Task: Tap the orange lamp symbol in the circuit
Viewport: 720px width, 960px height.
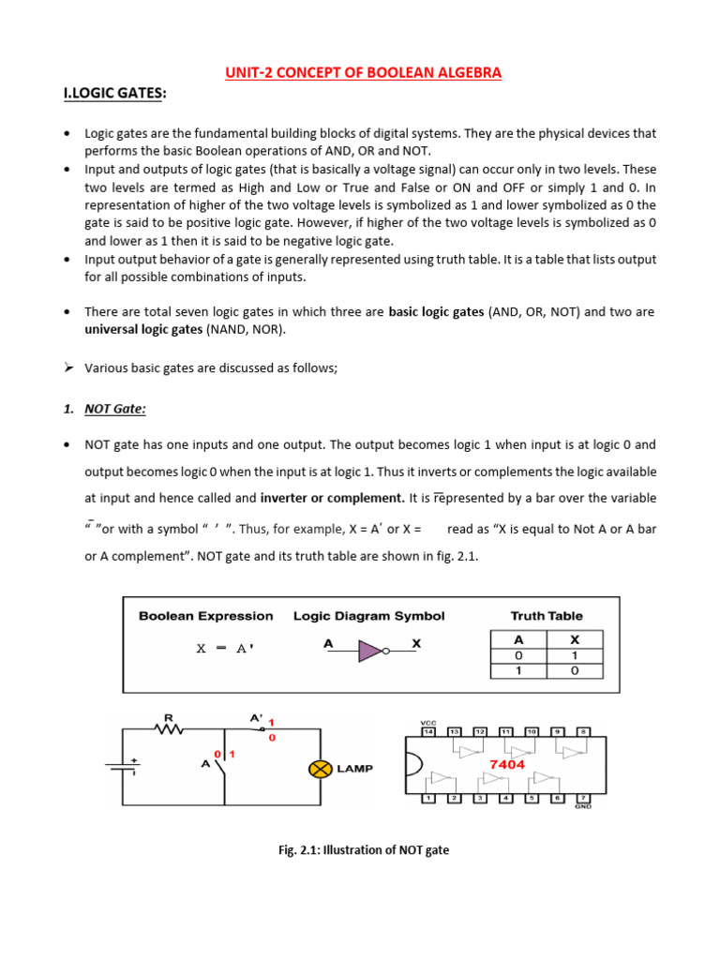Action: click(319, 769)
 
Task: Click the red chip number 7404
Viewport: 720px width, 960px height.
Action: click(506, 764)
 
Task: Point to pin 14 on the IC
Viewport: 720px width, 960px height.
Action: click(428, 731)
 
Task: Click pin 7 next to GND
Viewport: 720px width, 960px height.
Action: click(581, 798)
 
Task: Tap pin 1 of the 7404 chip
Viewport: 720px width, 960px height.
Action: click(428, 798)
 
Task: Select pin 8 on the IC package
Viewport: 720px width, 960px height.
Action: click(581, 731)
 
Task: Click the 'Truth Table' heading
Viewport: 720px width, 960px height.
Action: click(546, 616)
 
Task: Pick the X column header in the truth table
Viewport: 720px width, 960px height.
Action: click(575, 638)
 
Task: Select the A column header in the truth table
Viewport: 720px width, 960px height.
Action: click(518, 638)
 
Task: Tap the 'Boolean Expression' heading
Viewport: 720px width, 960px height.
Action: click(206, 616)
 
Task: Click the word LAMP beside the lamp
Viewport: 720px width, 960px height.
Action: click(354, 769)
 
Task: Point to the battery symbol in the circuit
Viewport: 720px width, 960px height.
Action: click(122, 767)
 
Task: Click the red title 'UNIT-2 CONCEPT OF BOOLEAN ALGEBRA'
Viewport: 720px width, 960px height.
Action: click(363, 73)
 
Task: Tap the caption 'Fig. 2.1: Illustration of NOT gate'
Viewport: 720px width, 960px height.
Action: click(364, 850)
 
